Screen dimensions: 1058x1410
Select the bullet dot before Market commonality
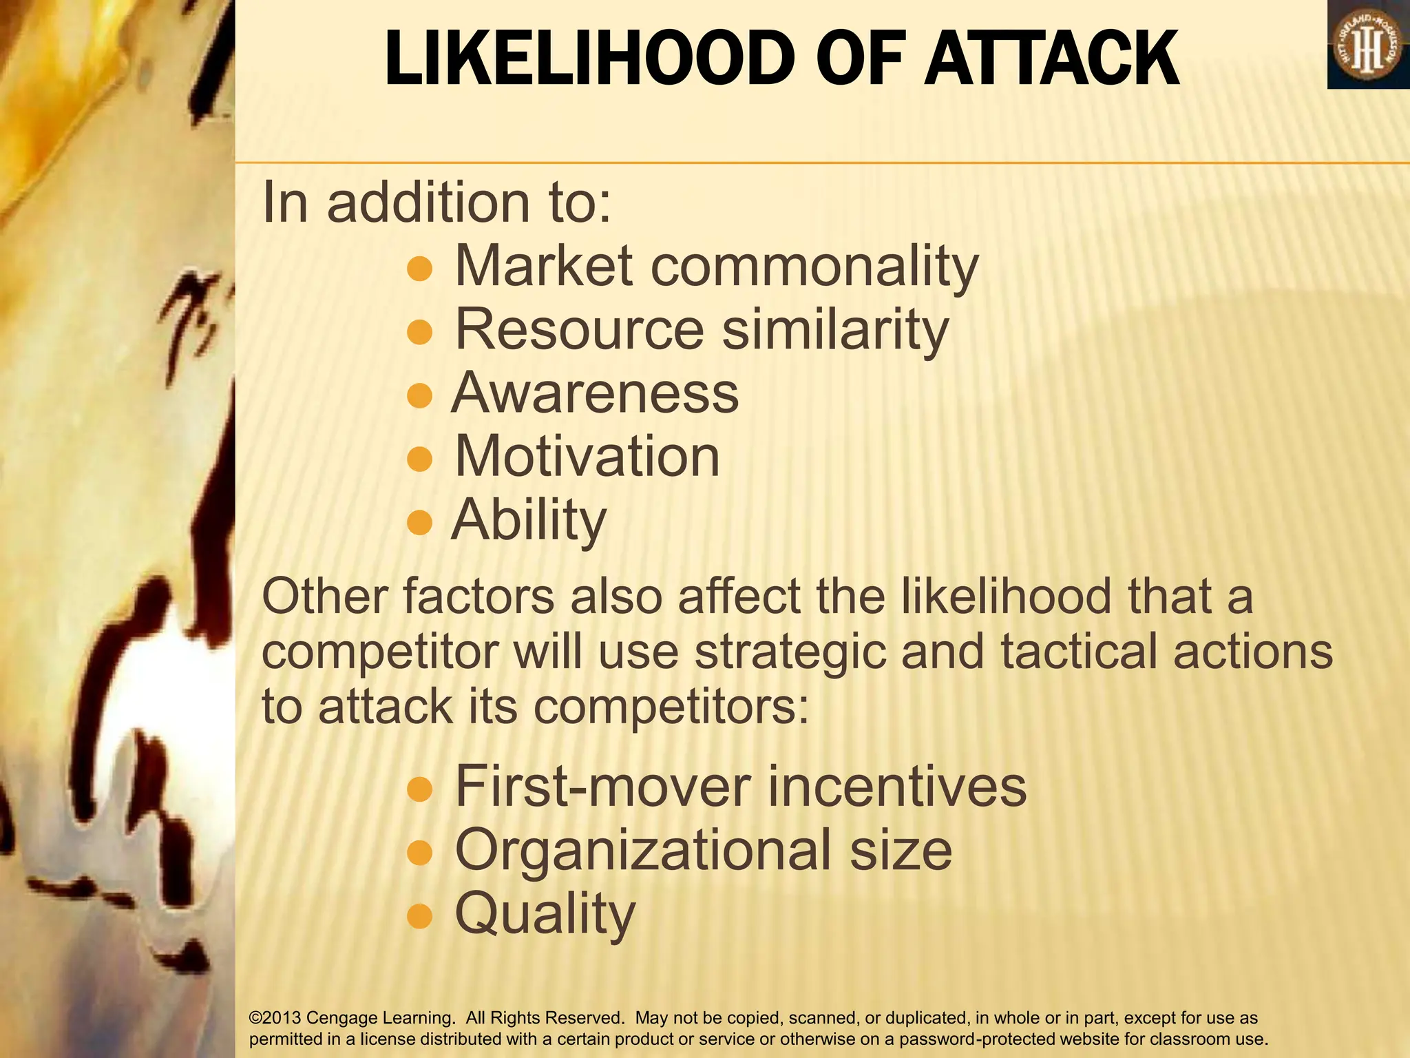click(x=419, y=269)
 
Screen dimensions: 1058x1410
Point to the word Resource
click(x=579, y=330)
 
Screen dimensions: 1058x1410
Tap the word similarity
click(x=835, y=330)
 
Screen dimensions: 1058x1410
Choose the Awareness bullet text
click(x=595, y=393)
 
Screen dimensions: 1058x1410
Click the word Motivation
click(x=587, y=457)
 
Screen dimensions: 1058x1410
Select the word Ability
click(x=529, y=521)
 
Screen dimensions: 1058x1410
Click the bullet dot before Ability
click(x=419, y=523)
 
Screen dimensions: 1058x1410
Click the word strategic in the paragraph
click(x=790, y=652)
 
